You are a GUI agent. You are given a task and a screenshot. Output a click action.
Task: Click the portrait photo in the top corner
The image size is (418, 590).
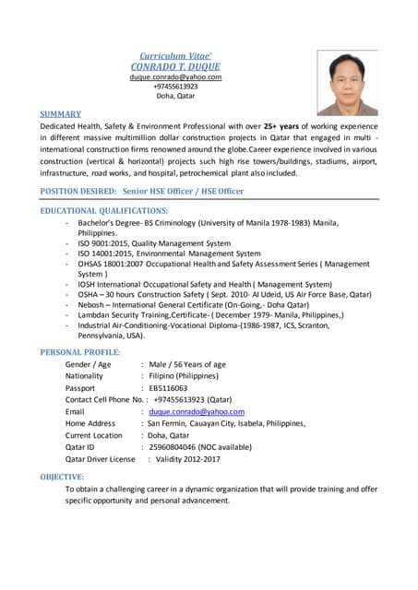[347, 82]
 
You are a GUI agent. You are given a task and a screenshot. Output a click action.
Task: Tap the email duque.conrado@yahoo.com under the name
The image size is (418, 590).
[175, 77]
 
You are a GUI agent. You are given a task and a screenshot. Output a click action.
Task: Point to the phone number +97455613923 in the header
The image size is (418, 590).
[175, 87]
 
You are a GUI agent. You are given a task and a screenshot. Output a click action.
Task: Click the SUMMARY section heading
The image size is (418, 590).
[60, 113]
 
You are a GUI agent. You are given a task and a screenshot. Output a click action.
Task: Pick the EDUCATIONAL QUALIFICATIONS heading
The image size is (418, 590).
[103, 211]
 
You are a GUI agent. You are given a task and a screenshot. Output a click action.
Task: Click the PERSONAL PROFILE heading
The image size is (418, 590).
[80, 352]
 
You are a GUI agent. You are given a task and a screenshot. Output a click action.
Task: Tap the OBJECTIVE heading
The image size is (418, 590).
[62, 476]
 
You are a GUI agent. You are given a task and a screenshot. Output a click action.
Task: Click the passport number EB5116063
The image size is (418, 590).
[168, 388]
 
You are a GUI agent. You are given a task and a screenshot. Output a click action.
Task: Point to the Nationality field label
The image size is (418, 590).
[84, 376]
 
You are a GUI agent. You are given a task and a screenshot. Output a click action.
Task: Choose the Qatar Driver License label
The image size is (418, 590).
[100, 459]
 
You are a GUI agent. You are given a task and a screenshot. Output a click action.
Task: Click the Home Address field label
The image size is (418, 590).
[90, 424]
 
